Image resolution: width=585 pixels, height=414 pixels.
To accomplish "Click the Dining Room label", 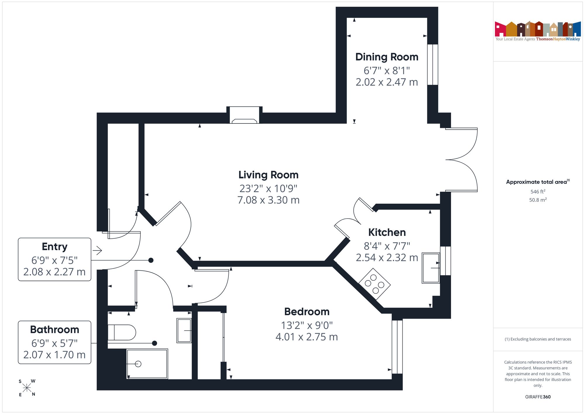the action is pyautogui.click(x=387, y=57).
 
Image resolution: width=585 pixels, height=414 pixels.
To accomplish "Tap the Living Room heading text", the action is pyautogui.click(x=269, y=175).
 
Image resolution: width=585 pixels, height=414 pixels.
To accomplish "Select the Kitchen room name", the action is pyautogui.click(x=387, y=232).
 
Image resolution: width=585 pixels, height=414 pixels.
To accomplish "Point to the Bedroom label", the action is pyautogui.click(x=307, y=312).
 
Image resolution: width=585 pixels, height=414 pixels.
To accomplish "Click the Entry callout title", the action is pyautogui.click(x=55, y=247).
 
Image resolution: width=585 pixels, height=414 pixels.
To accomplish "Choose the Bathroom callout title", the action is pyautogui.click(x=55, y=330).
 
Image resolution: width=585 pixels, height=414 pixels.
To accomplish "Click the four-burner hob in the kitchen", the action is pyautogui.click(x=375, y=284).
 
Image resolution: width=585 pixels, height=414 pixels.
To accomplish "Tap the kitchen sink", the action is pyautogui.click(x=431, y=268).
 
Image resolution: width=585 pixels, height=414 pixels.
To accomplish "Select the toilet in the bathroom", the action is pyautogui.click(x=122, y=332).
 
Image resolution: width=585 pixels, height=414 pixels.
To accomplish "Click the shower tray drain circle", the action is pyautogui.click(x=138, y=364).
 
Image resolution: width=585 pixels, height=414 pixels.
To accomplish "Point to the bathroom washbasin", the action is pyautogui.click(x=184, y=331).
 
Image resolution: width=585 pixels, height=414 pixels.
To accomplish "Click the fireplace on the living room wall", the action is pyautogui.click(x=245, y=115).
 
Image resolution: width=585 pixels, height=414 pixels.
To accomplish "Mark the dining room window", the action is pyautogui.click(x=433, y=65).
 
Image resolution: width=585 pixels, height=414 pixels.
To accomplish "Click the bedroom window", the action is pyautogui.click(x=397, y=347).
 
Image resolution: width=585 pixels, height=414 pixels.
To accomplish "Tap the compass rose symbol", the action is pyautogui.click(x=27, y=388).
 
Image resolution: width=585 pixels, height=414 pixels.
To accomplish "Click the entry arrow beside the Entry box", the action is pyautogui.click(x=97, y=250).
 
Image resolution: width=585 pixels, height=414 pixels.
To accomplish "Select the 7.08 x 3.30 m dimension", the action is pyautogui.click(x=269, y=200).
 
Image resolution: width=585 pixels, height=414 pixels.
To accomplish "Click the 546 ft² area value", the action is pyautogui.click(x=538, y=191).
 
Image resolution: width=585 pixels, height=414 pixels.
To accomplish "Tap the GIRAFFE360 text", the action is pyautogui.click(x=538, y=397).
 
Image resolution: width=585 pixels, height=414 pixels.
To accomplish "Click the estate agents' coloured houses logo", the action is pyautogui.click(x=538, y=29).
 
